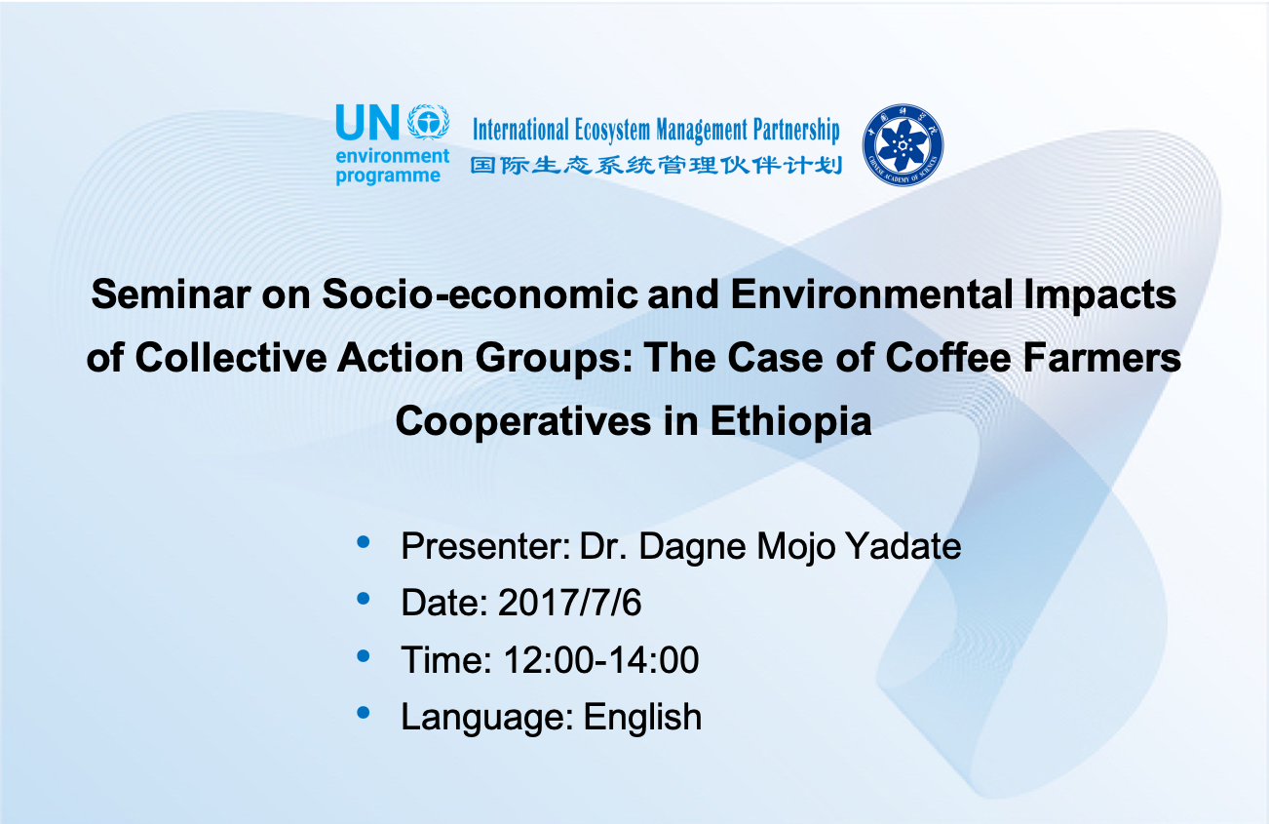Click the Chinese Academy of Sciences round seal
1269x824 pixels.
(903, 144)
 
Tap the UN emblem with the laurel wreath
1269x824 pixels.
(428, 121)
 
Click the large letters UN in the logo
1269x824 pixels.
(367, 122)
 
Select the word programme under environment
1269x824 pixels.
(388, 177)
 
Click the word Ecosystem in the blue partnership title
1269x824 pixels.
(612, 130)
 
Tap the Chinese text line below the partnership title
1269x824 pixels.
(656, 165)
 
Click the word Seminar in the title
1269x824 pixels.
(171, 294)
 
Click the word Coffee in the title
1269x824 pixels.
(948, 358)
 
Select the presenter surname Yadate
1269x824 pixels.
(904, 546)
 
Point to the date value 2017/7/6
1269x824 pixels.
(569, 603)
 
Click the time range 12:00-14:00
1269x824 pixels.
(601, 660)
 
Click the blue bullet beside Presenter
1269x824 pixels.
(364, 542)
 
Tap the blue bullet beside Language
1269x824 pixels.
(364, 713)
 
